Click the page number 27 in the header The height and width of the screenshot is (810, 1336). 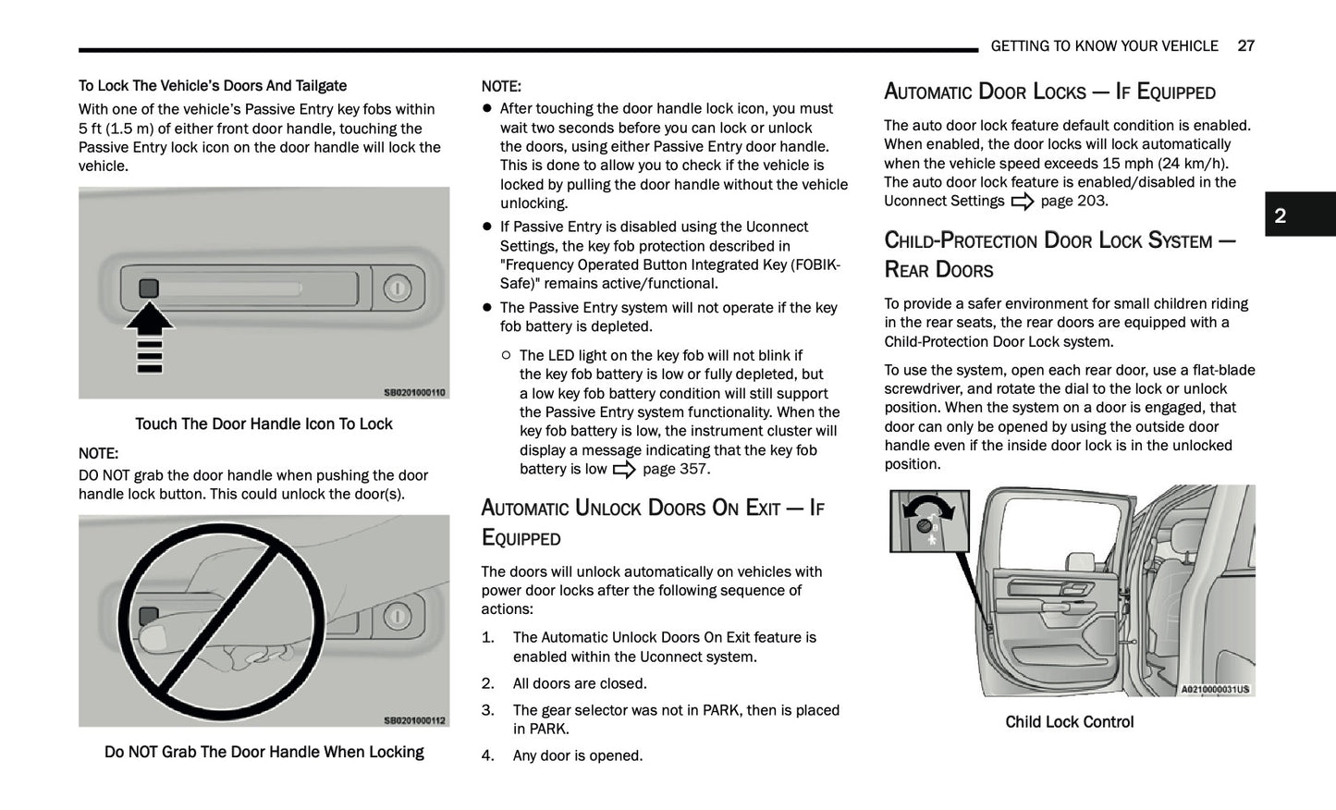pos(1245,46)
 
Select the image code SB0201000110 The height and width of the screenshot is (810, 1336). pos(414,393)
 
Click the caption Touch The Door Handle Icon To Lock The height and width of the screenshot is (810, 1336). pos(264,424)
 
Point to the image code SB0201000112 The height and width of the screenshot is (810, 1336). pos(414,721)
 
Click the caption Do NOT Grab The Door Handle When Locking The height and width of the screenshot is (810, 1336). pos(264,753)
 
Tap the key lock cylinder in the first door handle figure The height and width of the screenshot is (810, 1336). pos(397,288)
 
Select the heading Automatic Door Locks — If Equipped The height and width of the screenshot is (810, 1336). pos(1049,92)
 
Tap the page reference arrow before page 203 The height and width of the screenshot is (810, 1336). pos(1022,202)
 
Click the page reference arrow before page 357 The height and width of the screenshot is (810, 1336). pos(624,470)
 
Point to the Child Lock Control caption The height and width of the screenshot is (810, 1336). pos(1069,722)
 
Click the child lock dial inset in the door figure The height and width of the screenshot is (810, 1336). pos(929,521)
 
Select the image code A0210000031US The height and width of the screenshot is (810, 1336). pos(1215,689)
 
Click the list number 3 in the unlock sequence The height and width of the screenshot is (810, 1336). pos(487,710)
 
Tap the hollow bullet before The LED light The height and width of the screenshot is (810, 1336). pos(506,355)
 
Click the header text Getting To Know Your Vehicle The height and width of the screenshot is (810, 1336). pos(1104,46)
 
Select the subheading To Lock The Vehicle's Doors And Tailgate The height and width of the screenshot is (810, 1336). pos(213,86)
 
